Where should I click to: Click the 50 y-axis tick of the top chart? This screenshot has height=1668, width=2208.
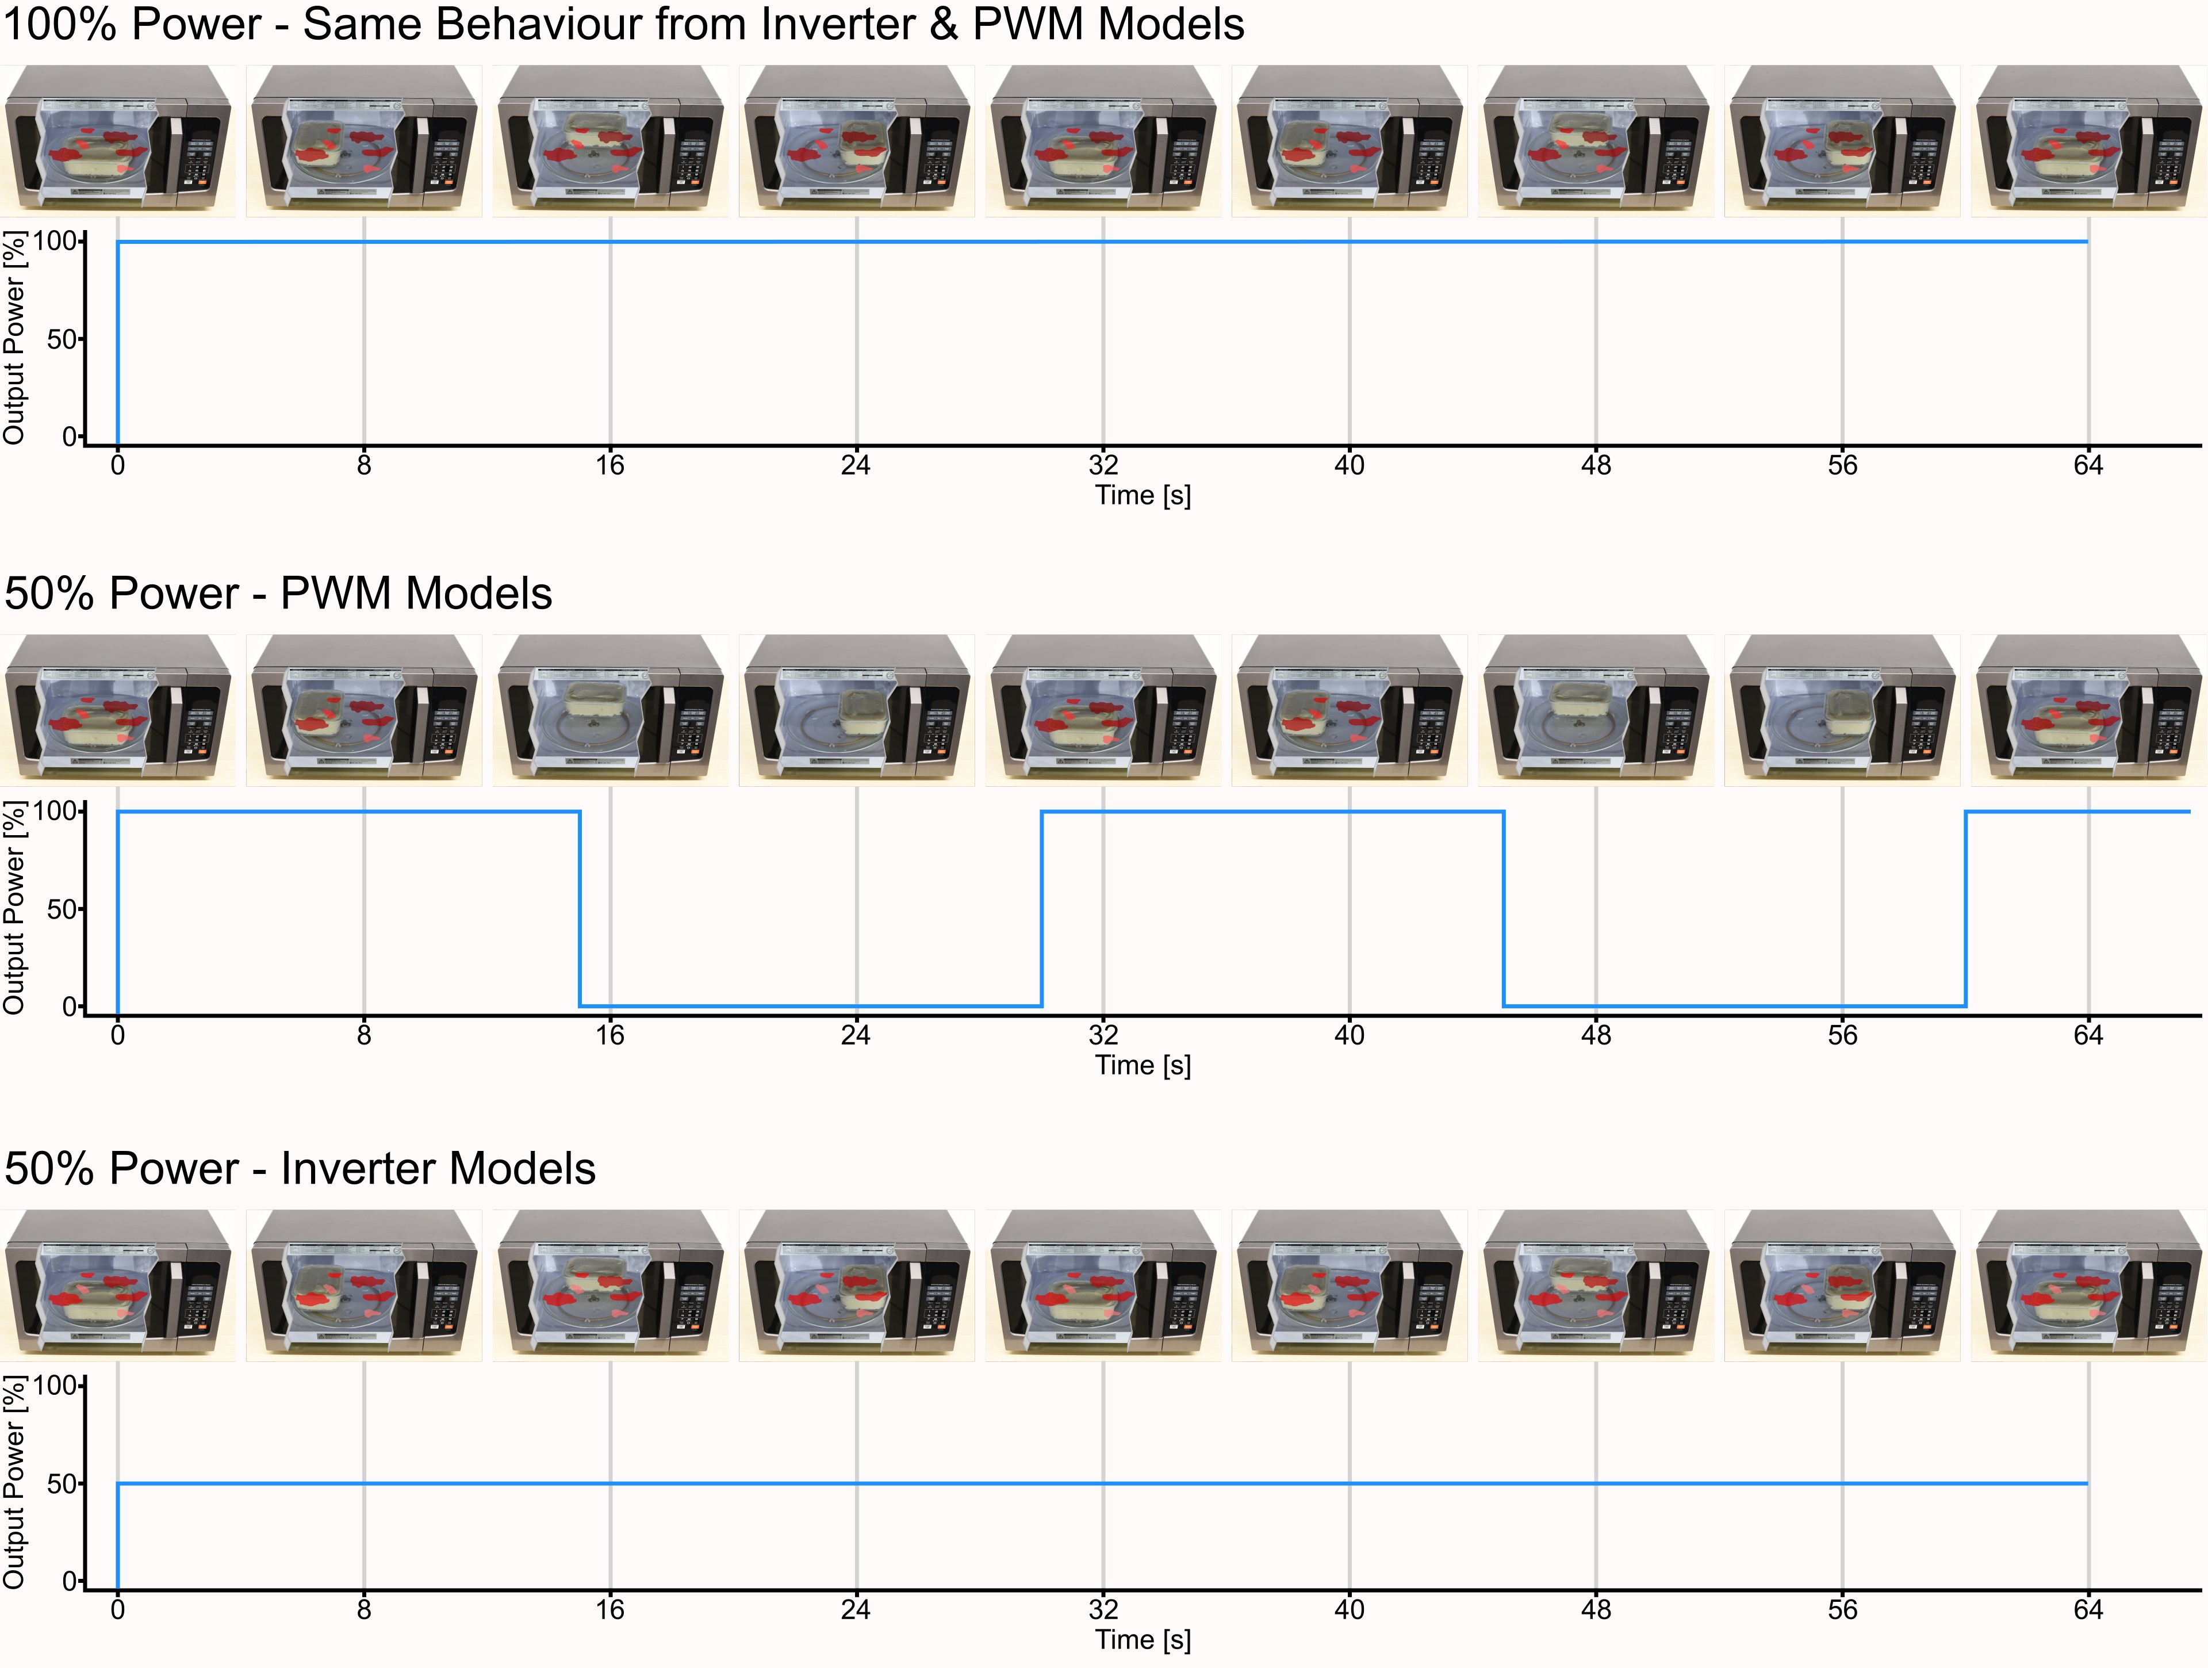[x=61, y=339]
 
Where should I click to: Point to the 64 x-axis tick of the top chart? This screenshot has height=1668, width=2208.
[x=2088, y=465]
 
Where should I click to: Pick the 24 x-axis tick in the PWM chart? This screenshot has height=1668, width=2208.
[x=856, y=1035]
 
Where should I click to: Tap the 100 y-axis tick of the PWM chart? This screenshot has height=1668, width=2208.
[x=55, y=810]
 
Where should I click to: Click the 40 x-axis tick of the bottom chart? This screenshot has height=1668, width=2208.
[x=1350, y=1610]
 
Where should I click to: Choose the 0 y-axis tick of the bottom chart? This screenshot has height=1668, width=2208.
[x=69, y=1581]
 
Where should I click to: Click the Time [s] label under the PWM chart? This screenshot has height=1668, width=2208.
[x=1143, y=1065]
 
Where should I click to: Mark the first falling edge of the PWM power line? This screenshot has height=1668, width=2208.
[x=580, y=908]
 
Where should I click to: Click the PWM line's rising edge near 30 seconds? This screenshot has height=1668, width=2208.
[x=1042, y=908]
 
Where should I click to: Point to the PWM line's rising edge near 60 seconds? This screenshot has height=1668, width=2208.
[x=1965, y=908]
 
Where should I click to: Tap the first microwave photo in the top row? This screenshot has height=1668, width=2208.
[x=118, y=141]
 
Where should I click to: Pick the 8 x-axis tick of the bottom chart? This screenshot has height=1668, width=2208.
[x=365, y=1610]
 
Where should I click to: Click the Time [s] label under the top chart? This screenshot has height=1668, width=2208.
[x=1143, y=495]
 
